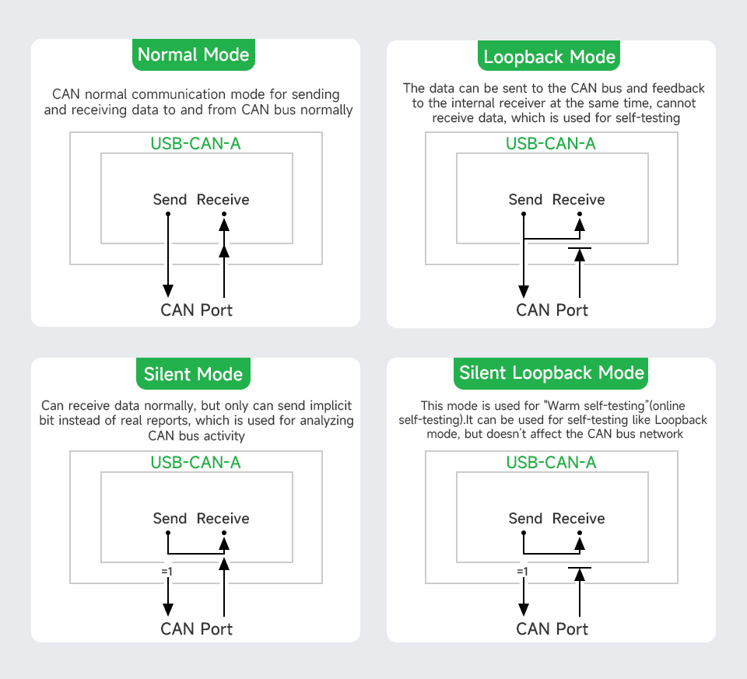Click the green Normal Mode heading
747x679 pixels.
193,55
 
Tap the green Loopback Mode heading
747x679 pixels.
549,57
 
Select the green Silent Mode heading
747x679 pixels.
193,374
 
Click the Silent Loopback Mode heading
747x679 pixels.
552,373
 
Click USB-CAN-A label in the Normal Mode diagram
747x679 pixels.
195,144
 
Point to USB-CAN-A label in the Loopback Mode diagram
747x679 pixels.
551,144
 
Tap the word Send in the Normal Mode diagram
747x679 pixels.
170,200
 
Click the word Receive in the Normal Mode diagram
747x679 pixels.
223,200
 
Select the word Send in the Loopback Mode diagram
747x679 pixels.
525,200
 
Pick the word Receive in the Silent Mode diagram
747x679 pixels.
223,519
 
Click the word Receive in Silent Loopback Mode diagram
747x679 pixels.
579,519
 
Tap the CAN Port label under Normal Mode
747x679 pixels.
196,310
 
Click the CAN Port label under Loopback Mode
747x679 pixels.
552,310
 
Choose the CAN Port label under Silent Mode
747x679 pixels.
196,629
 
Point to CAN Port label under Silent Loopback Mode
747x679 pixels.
552,629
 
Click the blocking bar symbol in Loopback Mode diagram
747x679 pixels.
580,248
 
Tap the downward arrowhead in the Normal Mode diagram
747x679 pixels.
168,291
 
